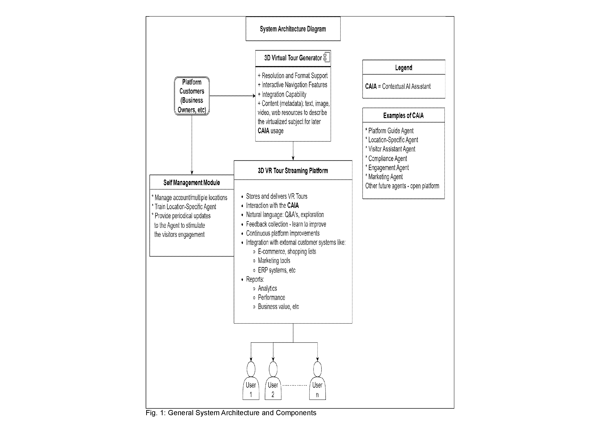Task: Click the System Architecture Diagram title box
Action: [x=293, y=29]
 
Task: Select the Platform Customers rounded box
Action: [x=192, y=96]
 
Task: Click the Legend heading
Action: [x=403, y=68]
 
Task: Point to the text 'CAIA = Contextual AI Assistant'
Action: [x=398, y=86]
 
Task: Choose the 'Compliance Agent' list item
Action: [x=386, y=158]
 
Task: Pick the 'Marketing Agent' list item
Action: [x=384, y=177]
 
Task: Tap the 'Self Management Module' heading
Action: [x=192, y=182]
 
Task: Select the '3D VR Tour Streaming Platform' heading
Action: [x=293, y=171]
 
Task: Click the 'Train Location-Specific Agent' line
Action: [x=184, y=207]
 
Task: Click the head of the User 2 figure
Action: [x=273, y=369]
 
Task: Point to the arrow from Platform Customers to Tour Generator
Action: [x=232, y=96]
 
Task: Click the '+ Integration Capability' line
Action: [x=282, y=94]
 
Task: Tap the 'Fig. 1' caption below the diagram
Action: [x=231, y=413]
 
